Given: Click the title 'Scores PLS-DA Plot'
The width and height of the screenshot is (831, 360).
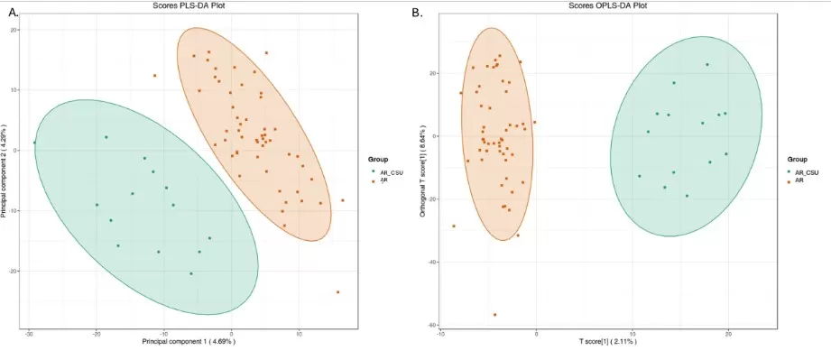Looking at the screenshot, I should pos(184,6).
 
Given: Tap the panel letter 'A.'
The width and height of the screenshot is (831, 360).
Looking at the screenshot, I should pos(13,13).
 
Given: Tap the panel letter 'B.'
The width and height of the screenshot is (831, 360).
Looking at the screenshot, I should pos(417,13).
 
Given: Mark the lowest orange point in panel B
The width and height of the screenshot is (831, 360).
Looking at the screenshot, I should pos(494,315).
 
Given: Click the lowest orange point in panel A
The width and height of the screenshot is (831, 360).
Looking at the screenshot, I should pos(337,291).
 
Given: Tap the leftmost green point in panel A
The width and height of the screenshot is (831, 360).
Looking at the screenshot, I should pos(35,143).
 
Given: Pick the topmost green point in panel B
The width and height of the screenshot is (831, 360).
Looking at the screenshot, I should pos(707,64).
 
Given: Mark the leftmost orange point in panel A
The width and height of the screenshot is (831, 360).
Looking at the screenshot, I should pos(154,76).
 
